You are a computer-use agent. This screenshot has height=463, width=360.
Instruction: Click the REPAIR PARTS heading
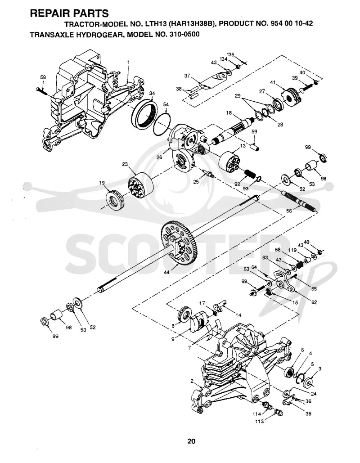(x=69, y=13)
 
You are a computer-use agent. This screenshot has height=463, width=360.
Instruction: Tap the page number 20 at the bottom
(x=191, y=441)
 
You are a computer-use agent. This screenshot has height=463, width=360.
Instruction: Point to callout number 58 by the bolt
(x=43, y=77)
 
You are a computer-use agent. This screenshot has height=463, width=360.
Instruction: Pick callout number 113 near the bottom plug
(x=259, y=421)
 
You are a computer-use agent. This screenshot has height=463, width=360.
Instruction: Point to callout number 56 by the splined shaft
(x=289, y=211)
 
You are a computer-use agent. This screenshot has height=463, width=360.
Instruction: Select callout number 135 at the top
(x=231, y=54)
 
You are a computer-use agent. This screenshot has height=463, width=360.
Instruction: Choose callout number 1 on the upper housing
(x=128, y=62)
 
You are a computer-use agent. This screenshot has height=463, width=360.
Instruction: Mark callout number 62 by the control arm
(x=314, y=302)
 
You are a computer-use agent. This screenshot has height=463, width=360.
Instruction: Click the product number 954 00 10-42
(x=292, y=23)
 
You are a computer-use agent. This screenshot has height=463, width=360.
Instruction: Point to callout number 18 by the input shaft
(x=229, y=113)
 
